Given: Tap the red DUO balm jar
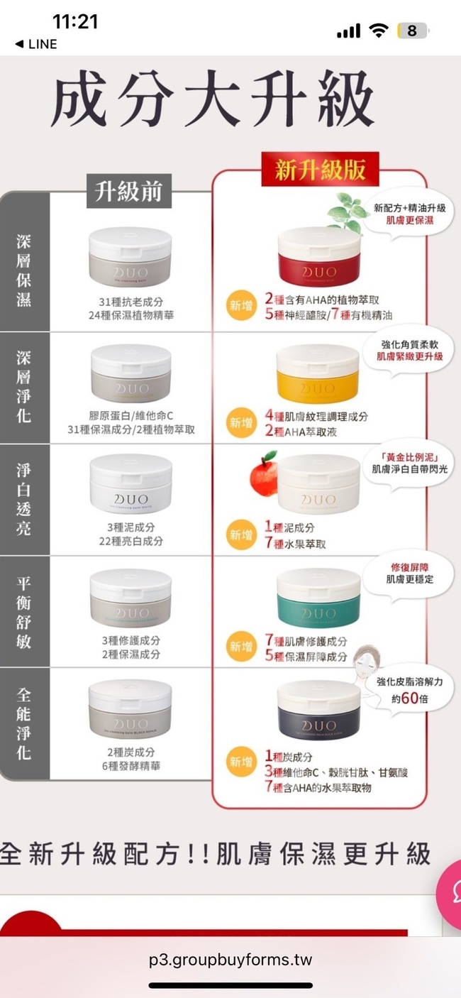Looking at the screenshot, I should [318, 258].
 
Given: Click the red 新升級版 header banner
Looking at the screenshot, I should [320, 170].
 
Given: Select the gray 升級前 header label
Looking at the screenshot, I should [128, 190].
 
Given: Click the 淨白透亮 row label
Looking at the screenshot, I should [23, 500].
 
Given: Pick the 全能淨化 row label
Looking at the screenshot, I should [23, 723].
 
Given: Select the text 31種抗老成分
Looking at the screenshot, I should [130, 301].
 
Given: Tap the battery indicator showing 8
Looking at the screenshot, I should [412, 31].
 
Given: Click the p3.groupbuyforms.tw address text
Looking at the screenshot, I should [230, 960].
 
